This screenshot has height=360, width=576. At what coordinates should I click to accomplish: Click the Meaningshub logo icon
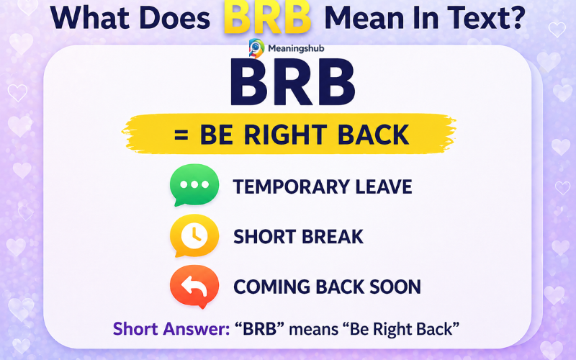pos(256,48)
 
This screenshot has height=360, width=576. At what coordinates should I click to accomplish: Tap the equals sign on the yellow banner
pos(182,135)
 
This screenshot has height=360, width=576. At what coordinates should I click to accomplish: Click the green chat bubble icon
pos(194,185)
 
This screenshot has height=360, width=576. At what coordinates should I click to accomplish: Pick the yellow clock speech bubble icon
pos(194,235)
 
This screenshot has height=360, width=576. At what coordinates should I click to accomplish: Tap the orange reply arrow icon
pos(194,286)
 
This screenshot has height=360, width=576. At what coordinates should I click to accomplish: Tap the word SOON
pos(395,287)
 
